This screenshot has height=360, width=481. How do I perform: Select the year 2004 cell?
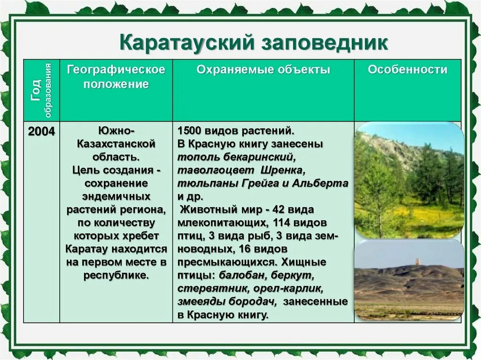(x=41, y=131)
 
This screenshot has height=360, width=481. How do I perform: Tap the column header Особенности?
(x=407, y=70)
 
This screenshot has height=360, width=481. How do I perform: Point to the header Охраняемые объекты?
(x=263, y=70)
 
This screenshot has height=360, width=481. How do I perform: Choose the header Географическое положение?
(x=116, y=77)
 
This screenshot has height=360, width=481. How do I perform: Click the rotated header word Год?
(x=36, y=90)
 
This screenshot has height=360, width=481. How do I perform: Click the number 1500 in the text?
(x=190, y=130)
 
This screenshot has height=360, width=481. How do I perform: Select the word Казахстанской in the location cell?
(x=116, y=143)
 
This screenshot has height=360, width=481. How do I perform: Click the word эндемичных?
(x=116, y=196)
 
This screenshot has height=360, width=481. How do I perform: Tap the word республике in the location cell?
(x=116, y=275)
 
